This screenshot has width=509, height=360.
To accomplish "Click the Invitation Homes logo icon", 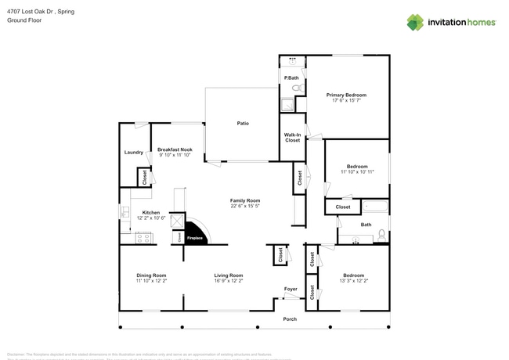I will point(414,22).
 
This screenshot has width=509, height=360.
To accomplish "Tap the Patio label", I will point(244,123).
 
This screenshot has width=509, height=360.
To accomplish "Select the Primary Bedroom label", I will point(346,95).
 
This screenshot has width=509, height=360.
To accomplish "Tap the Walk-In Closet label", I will point(292,137).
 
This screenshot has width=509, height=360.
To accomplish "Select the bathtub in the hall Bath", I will point(375,207).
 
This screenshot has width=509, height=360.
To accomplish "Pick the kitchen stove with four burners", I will point(143,238).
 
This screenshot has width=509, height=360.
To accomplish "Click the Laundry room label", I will point(132,153).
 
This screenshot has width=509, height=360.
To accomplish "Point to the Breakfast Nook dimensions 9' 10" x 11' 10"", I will point(174,155).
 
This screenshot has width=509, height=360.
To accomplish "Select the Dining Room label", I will point(152,275).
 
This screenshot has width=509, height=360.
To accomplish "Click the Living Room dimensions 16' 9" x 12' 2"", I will point(229,280).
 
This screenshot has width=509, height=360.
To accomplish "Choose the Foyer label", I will point(291,289).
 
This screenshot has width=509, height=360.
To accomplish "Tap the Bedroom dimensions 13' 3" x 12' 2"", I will point(353,280).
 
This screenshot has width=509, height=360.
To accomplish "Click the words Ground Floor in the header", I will point(23,20).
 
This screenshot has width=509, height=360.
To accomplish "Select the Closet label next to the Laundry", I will point(146,178).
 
